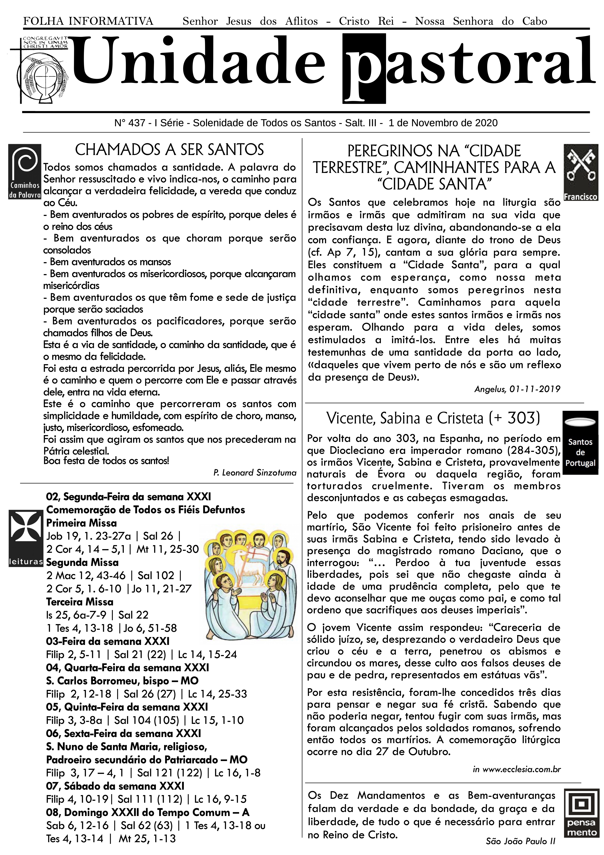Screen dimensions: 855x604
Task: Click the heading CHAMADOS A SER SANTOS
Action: tap(169, 150)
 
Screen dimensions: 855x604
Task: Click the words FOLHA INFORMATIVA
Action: tap(88, 21)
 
